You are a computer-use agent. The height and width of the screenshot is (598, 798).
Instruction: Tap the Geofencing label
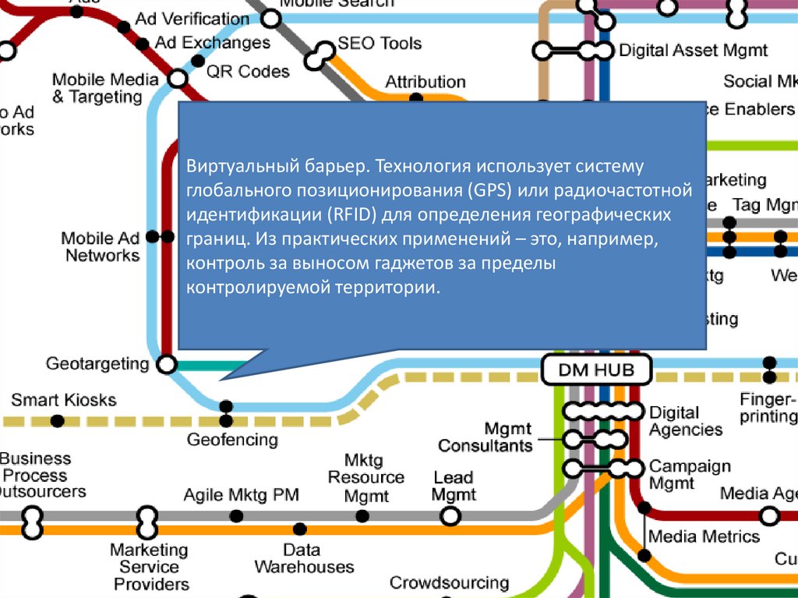click(232, 440)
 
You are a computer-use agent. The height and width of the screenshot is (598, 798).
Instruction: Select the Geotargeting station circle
click(167, 364)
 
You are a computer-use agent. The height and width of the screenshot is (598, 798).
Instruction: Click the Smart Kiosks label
click(63, 401)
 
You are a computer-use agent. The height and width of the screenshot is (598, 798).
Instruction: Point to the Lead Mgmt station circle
click(450, 515)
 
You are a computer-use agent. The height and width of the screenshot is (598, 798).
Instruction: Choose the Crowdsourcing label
click(449, 582)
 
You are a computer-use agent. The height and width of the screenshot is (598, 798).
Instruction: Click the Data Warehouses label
click(304, 558)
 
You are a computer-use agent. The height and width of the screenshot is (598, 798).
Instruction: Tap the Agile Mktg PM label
click(241, 495)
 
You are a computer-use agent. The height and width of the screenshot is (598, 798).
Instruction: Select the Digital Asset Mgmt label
click(693, 51)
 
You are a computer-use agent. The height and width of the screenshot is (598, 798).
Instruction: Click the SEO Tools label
click(380, 44)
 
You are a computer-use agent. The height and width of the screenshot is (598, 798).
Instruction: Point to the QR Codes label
click(248, 72)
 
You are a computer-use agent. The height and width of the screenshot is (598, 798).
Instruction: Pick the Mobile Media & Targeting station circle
click(178, 79)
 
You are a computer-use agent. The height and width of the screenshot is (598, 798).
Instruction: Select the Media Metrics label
click(704, 536)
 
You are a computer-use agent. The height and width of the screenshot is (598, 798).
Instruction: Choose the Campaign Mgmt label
click(690, 475)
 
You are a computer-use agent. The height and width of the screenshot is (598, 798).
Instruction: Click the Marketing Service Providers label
click(149, 567)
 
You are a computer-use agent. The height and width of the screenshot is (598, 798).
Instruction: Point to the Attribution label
click(425, 82)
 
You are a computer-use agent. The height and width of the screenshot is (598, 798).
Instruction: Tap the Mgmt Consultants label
click(486, 437)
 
